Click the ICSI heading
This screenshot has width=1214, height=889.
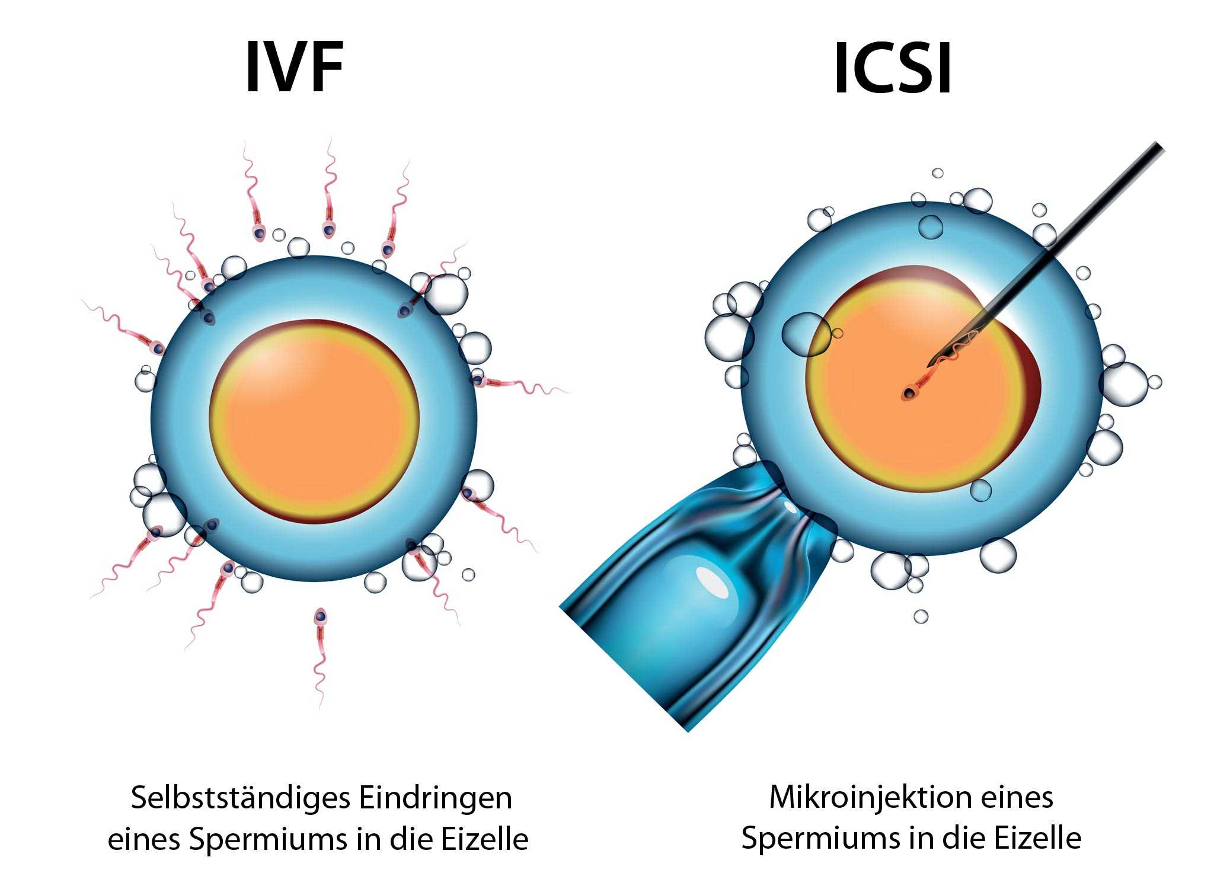(892, 68)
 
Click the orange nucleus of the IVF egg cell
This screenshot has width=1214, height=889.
(315, 421)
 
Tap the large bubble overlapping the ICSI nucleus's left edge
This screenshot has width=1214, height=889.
(806, 334)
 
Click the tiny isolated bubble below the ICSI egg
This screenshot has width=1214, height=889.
(921, 616)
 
